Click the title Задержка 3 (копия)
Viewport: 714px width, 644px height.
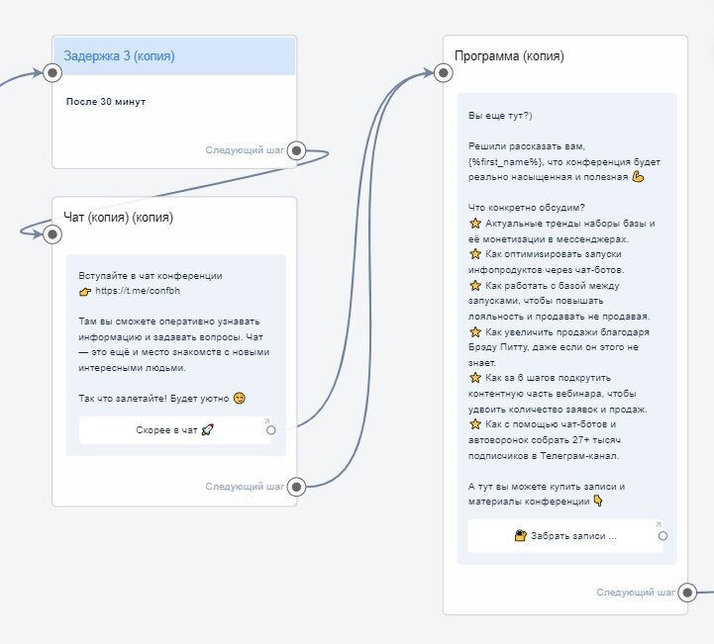coord(119,56)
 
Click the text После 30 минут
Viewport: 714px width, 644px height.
coord(106,102)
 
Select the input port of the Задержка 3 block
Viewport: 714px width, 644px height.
coord(52,72)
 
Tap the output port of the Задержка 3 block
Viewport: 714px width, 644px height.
coord(296,151)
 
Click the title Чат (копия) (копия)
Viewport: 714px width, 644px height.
coord(118,217)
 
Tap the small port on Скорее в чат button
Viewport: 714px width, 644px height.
coord(270,429)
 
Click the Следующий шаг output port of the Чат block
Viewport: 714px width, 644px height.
coord(296,486)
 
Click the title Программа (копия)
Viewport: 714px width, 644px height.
coord(509,55)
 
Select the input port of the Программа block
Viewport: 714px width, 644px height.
coord(443,72)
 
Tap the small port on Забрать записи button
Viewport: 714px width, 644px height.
coord(663,535)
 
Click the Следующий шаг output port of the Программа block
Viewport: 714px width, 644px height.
coord(686,593)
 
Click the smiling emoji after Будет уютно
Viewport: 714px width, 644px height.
coord(239,398)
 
